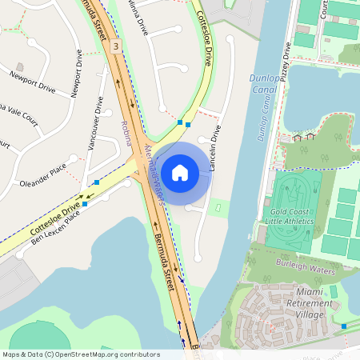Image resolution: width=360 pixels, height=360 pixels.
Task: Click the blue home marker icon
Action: (180, 172)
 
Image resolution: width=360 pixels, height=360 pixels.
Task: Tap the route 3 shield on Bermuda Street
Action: (116, 47)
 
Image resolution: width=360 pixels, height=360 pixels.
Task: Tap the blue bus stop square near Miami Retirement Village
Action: (344, 326)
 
